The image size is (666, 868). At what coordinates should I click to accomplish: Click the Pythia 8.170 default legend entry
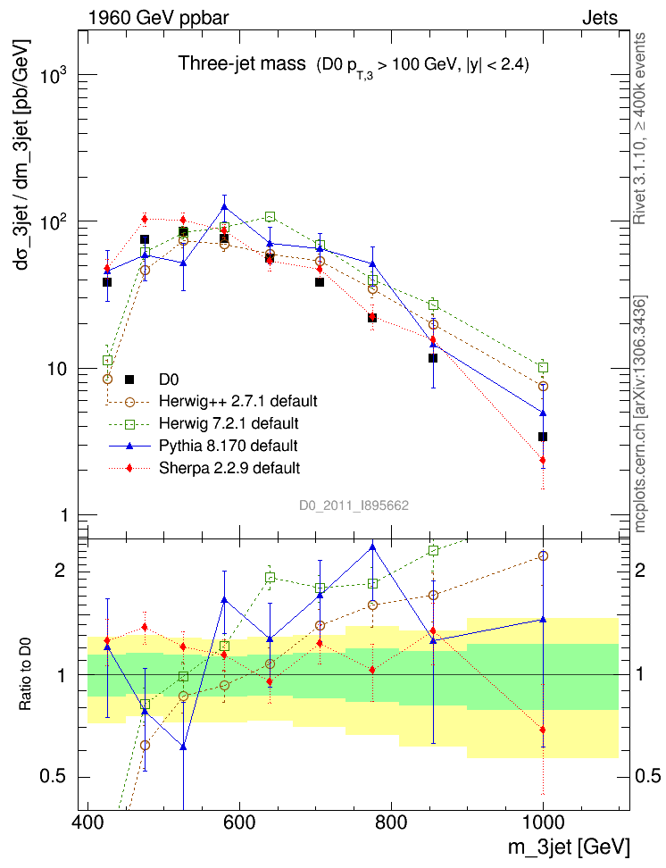228,445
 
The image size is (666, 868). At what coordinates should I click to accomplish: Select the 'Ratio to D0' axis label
26,672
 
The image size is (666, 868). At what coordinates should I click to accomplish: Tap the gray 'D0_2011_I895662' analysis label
354,505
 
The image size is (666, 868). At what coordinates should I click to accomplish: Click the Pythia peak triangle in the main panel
224,207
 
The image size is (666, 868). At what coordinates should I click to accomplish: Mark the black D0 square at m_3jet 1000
543,437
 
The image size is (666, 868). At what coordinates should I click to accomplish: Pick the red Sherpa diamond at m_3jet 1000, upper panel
543,461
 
